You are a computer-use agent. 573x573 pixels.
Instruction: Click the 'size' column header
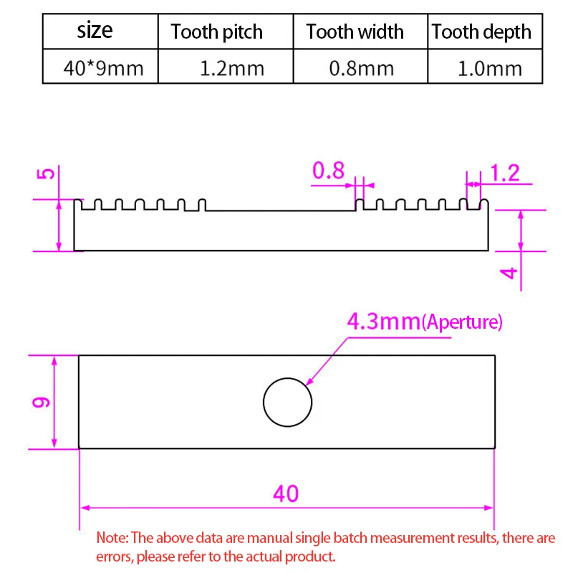(95, 31)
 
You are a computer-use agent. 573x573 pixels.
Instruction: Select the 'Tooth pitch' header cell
(216, 32)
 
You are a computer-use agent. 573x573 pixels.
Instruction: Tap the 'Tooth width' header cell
(355, 32)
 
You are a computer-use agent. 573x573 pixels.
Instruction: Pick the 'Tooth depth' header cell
(481, 32)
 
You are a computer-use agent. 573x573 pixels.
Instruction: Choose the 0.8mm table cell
(361, 69)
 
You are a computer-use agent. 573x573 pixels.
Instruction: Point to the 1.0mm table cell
(490, 69)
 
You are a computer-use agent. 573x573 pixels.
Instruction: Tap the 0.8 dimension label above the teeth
(328, 171)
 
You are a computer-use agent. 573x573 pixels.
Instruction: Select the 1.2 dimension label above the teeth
(504, 173)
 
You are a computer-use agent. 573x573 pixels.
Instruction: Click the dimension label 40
(286, 493)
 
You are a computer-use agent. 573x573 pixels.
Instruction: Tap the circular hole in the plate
(287, 402)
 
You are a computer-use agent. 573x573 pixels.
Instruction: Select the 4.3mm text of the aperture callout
(383, 322)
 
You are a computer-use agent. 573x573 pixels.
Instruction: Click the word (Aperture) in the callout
(462, 322)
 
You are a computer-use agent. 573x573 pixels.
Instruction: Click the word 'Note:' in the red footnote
(111, 538)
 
